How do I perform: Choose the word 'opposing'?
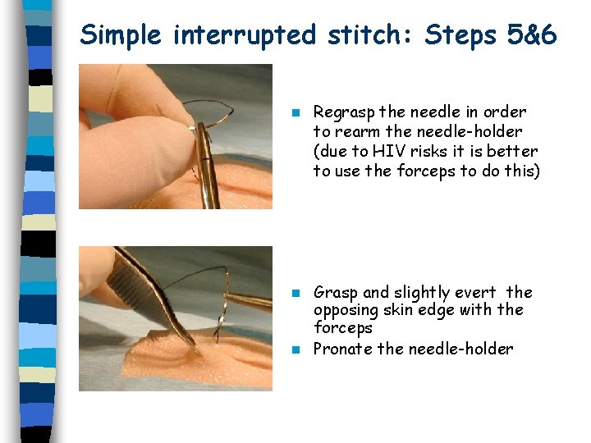(344, 310)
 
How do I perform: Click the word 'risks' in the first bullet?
(432, 152)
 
